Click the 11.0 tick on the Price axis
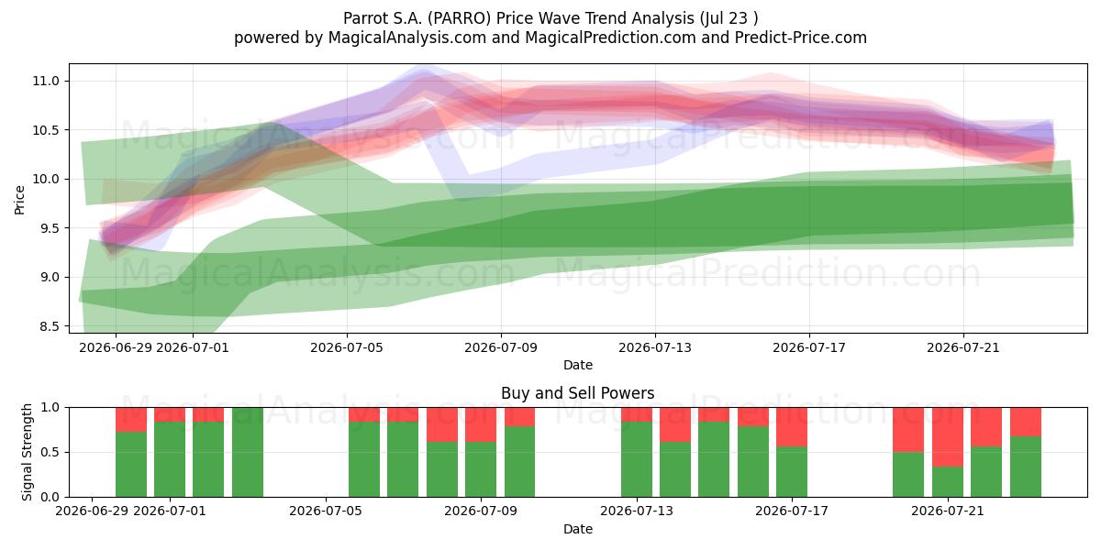coord(46,81)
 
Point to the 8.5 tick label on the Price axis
coord(50,326)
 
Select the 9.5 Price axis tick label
coord(50,228)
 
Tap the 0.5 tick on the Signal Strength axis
coord(50,452)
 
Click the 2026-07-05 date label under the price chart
coord(347,347)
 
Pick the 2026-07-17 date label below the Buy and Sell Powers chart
coord(791,511)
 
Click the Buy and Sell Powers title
coord(577,393)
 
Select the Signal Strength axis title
coord(27,452)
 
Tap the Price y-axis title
coord(19,200)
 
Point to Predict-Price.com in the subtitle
coord(801,38)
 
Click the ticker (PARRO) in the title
coord(459,18)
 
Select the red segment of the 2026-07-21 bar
coord(948,437)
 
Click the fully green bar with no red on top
coord(247,452)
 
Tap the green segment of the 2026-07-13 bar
coord(637,459)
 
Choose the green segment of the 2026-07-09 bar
coord(481,469)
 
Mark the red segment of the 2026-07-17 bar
coord(792,427)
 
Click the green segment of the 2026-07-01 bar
coord(170,459)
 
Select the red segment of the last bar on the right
coord(1026,422)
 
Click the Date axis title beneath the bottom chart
coord(577,529)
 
